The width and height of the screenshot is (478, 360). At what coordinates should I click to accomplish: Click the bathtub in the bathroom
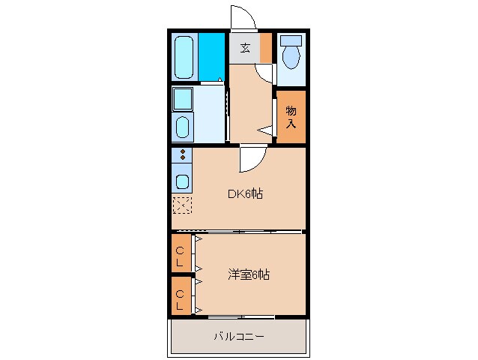point(184,56)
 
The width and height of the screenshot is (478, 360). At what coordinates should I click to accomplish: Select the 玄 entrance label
point(244,49)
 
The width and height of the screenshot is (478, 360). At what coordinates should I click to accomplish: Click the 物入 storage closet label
point(291,116)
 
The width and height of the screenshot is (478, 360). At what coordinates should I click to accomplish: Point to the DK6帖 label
point(246,193)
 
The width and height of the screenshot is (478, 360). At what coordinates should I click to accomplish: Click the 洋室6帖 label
point(249,274)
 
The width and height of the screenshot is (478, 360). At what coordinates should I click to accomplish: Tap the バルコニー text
point(239,337)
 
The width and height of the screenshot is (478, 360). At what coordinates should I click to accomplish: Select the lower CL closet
point(180,298)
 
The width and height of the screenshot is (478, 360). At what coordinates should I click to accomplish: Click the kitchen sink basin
point(182,180)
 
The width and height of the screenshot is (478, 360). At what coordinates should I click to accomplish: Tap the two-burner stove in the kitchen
point(182,156)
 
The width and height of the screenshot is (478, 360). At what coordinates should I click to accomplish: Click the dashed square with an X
point(182,205)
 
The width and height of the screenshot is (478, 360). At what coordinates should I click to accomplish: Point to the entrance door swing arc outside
point(241,16)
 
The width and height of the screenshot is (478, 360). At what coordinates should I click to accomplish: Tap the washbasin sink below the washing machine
point(183,127)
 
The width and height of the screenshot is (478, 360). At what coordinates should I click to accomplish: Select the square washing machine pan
point(183,98)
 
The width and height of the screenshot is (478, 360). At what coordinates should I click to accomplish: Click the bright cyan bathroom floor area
point(213,56)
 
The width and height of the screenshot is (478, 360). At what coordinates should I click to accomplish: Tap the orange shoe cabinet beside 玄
point(266,49)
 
